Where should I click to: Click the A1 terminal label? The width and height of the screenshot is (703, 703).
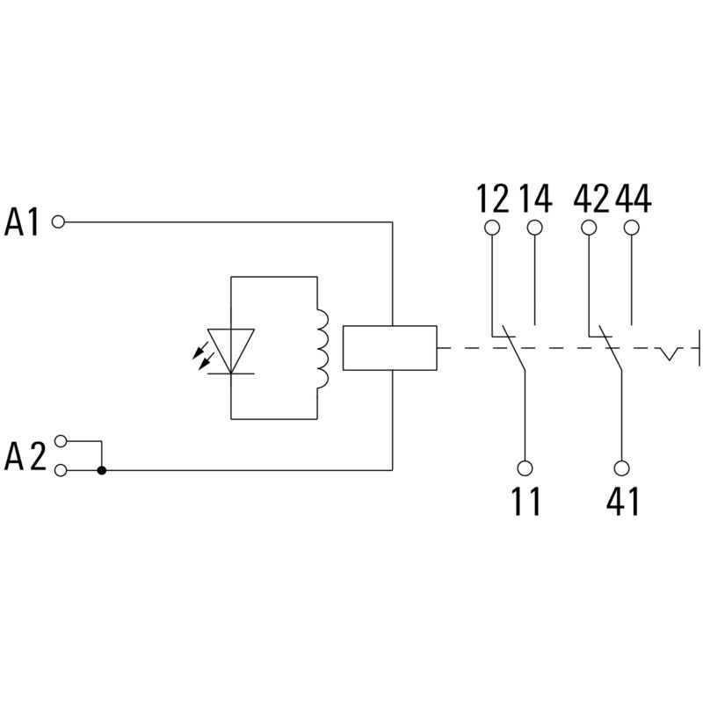click(x=23, y=222)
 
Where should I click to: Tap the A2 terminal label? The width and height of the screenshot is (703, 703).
click(x=25, y=456)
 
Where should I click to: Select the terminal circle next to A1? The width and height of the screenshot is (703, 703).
click(x=59, y=222)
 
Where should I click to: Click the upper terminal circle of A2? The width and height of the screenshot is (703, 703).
click(x=60, y=440)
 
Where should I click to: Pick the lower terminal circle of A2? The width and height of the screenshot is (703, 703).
click(x=60, y=470)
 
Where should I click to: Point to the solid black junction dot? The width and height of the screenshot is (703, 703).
click(x=102, y=470)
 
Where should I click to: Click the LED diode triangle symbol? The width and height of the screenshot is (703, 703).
click(x=230, y=349)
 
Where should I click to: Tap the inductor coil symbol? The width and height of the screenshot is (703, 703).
click(x=321, y=348)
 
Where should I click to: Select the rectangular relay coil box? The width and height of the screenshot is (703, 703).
click(x=390, y=348)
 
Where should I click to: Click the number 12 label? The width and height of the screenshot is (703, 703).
click(x=493, y=199)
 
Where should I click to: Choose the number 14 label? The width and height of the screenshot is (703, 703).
click(x=534, y=199)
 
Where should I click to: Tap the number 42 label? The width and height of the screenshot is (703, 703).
click(x=591, y=199)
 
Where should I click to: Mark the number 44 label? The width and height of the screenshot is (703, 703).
click(x=633, y=199)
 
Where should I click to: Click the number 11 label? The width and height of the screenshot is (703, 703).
click(x=525, y=502)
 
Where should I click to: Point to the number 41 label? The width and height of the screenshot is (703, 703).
click(x=622, y=502)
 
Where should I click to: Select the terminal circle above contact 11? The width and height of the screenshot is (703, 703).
click(x=525, y=467)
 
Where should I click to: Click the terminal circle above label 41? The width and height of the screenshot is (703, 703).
click(x=622, y=467)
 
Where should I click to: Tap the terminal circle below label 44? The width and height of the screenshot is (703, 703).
click(x=631, y=228)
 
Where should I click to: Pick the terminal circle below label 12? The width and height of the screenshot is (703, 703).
click(x=492, y=228)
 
